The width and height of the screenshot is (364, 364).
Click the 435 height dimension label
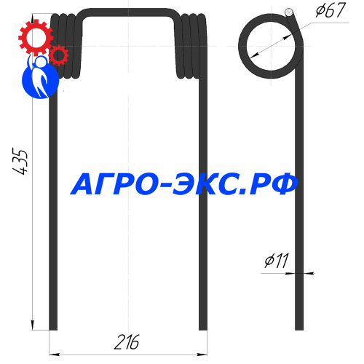[20, 161]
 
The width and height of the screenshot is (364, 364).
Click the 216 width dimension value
[127, 342]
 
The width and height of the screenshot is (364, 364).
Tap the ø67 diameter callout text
[331, 10]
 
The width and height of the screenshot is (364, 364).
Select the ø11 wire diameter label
[277, 261]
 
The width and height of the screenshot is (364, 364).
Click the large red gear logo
[36, 38]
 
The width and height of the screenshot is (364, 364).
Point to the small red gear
[58, 55]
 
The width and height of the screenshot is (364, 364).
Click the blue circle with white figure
[40, 77]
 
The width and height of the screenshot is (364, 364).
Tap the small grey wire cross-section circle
[289, 12]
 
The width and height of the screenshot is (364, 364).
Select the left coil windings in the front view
[66, 46]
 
